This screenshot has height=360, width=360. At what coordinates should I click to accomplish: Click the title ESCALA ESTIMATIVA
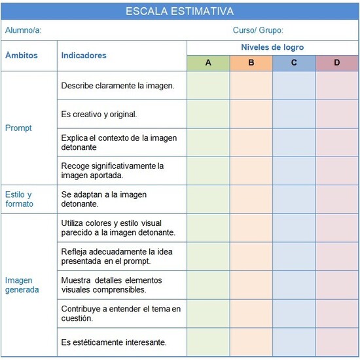click(x=179, y=11)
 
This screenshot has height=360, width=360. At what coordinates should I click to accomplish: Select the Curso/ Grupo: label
click(x=258, y=30)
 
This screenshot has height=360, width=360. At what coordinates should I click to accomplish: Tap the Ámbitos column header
click(x=22, y=56)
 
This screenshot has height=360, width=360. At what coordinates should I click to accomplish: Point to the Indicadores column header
click(x=84, y=56)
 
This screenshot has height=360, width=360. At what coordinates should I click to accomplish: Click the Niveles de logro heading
click(x=272, y=48)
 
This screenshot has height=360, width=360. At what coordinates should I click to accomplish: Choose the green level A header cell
click(x=208, y=63)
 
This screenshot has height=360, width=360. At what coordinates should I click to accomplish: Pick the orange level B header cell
click(x=251, y=63)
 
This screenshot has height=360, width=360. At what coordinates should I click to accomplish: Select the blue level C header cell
click(x=294, y=63)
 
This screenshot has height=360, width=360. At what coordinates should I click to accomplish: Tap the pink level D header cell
click(x=337, y=63)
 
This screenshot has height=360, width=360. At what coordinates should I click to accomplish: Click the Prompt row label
click(x=18, y=128)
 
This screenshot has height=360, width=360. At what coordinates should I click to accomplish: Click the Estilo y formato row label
click(x=18, y=199)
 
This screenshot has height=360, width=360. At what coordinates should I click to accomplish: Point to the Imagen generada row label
click(x=22, y=285)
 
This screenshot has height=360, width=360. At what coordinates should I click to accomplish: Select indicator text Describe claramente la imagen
click(x=117, y=86)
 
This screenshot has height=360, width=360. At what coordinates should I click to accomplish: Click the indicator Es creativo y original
click(x=99, y=114)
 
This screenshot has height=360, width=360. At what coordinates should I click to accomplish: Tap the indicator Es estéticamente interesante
click(x=114, y=342)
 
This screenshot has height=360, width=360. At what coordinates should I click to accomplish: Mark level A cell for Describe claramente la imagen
click(x=208, y=86)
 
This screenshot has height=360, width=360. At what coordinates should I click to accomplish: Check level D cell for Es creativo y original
click(x=337, y=114)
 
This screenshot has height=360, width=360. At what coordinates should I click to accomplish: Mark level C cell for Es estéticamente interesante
click(x=294, y=342)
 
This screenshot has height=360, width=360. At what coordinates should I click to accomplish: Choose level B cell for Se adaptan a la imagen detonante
click(x=251, y=199)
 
